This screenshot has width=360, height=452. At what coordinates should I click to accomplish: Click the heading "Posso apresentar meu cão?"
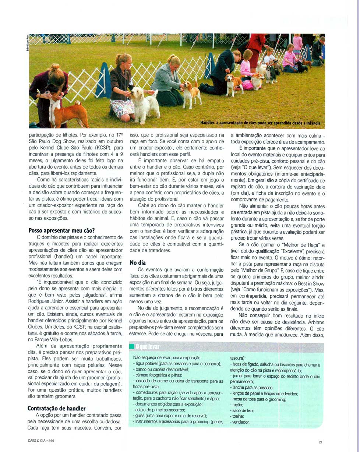(x=61, y=231)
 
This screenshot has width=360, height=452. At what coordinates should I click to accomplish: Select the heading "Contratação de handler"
(x=56, y=408)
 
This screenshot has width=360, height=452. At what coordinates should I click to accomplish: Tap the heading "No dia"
(x=138, y=263)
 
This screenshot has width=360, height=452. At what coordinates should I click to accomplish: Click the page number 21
(x=320, y=442)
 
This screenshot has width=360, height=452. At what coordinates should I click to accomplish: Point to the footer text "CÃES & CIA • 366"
(x=41, y=441)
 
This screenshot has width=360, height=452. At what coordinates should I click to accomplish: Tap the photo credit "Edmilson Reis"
(x=27, y=43)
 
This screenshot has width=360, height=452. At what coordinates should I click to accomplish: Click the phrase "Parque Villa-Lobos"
(x=55, y=340)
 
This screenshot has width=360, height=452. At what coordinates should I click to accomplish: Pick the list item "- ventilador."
(x=240, y=422)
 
